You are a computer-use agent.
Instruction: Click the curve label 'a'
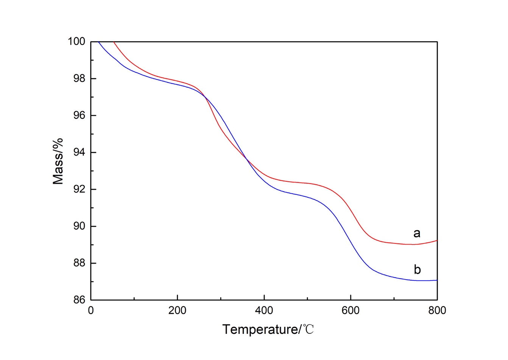tap(417, 233)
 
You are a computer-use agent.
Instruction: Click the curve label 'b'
tap(417, 270)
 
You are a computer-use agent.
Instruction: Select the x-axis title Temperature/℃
tap(268, 329)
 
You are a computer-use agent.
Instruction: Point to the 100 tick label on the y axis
tap(76, 41)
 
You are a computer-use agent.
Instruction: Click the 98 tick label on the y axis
tap(79, 78)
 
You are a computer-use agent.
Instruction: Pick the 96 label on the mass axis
tap(79, 115)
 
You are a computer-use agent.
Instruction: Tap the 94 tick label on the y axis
tap(79, 153)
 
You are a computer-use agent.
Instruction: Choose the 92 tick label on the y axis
tap(79, 189)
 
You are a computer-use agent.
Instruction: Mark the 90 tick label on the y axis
tap(79, 226)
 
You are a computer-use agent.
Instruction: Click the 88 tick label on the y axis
tap(79, 263)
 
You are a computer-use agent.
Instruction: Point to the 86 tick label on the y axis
tap(79, 300)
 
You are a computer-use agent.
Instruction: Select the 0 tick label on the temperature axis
tap(91, 311)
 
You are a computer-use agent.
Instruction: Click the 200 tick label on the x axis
tap(178, 311)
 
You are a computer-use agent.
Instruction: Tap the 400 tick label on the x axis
tap(264, 311)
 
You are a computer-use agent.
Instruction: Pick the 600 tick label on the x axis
tap(351, 311)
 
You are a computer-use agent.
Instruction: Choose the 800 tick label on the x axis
tap(437, 311)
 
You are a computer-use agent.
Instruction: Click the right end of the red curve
tap(437, 240)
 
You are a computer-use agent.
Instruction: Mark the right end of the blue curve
tap(437, 280)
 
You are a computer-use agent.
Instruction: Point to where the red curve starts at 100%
tap(114, 42)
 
